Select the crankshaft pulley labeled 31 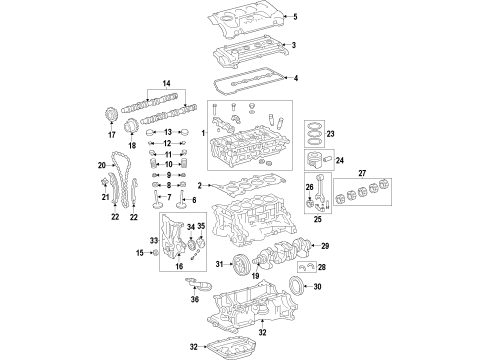240,265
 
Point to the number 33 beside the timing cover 153,240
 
